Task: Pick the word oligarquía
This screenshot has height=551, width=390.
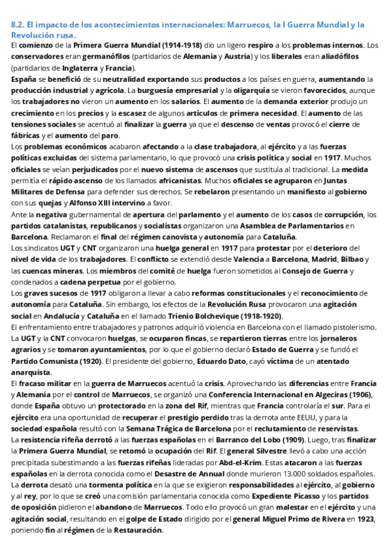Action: coord(228,90)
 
